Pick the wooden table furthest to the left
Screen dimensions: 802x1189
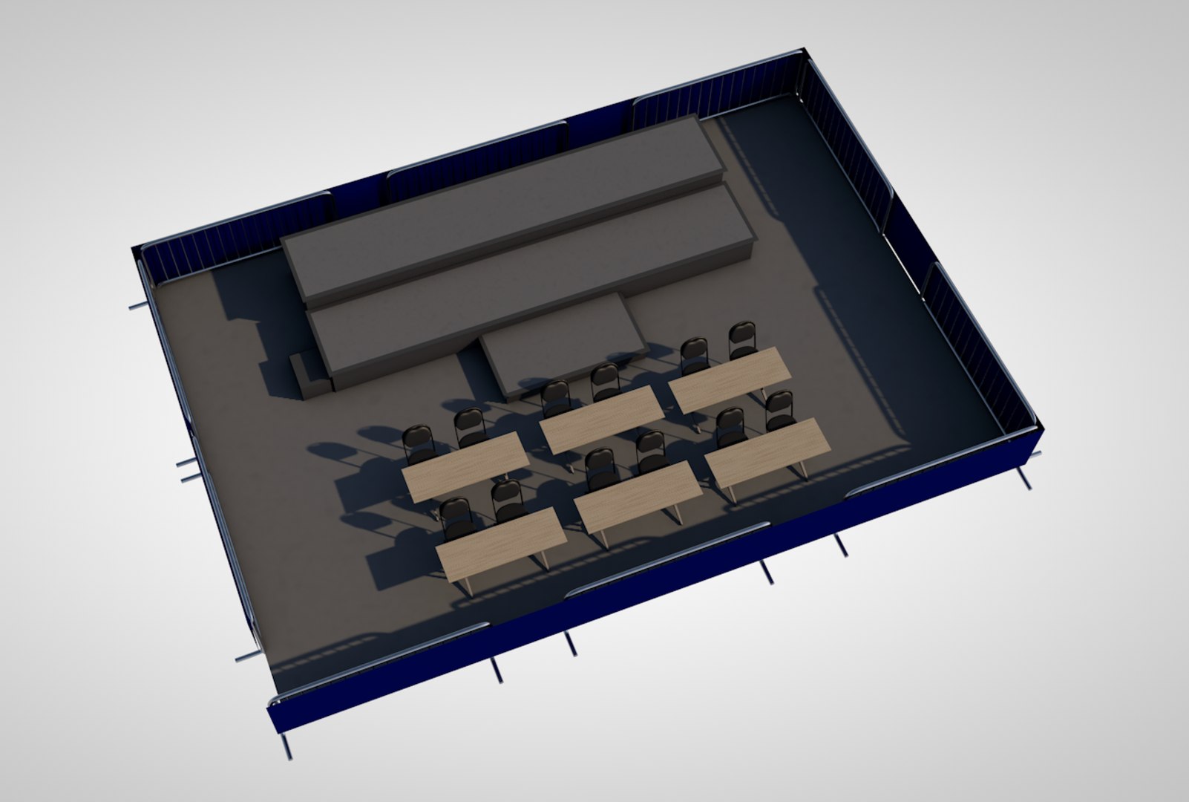pos(465,465)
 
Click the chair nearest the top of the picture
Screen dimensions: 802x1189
pos(742,338)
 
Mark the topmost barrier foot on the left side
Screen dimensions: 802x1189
pos(138,305)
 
